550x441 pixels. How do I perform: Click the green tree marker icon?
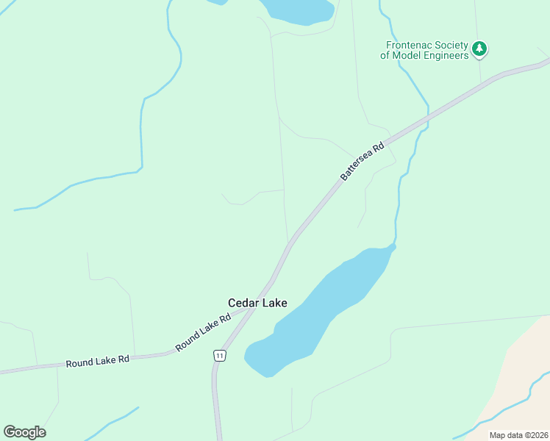(480, 49)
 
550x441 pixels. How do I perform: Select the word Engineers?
(445, 55)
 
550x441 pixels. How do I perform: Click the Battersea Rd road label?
(362, 162)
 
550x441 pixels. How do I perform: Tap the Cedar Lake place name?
(257, 303)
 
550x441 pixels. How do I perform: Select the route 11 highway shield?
(219, 356)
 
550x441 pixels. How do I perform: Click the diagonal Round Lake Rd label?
(203, 332)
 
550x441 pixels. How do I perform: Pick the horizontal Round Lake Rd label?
(98, 361)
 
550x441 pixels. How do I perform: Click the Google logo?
(24, 432)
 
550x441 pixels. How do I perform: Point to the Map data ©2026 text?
(518, 435)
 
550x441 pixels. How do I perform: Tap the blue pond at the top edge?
(298, 10)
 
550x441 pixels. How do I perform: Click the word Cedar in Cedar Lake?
(243, 303)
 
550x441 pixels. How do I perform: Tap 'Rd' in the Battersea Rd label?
(379, 147)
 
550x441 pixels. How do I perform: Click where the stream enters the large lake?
(394, 246)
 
